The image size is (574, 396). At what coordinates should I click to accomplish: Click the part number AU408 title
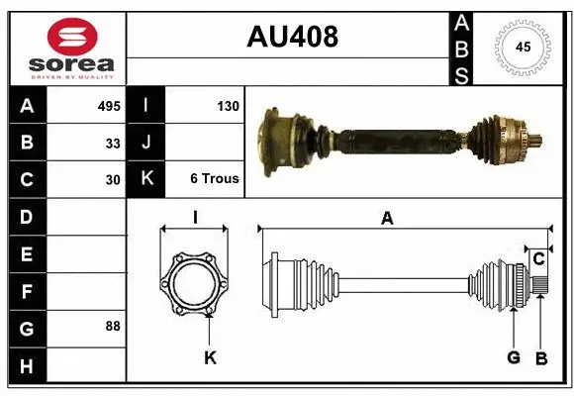[292, 38]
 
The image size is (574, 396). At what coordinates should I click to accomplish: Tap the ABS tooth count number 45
[523, 48]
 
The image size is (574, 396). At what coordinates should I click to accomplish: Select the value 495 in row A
[108, 105]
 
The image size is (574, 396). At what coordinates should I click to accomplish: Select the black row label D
[26, 216]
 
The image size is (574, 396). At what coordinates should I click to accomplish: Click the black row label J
[146, 143]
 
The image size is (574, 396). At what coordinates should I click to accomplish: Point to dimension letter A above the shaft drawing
[387, 219]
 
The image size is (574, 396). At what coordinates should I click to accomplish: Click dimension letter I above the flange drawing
[195, 219]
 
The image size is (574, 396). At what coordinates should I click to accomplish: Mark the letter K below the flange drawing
[210, 357]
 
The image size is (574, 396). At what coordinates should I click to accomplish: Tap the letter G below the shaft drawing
[514, 357]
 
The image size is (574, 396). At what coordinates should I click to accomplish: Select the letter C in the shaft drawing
[538, 259]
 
